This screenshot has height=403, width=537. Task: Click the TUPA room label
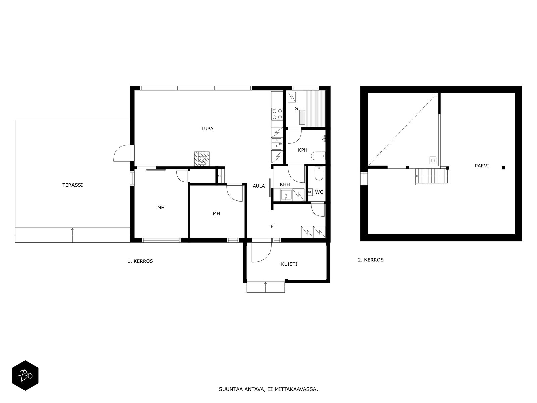point(207,129)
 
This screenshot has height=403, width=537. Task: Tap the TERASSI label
point(72,185)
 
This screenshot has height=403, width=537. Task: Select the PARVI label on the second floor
point(482,166)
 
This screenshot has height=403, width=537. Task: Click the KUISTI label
point(289,264)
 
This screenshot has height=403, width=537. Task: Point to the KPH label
point(302,150)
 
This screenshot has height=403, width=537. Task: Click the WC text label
point(319,192)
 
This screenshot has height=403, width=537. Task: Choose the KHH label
point(285,184)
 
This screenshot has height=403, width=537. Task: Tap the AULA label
point(258,186)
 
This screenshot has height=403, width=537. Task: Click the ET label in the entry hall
point(273,227)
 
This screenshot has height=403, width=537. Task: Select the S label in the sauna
point(296,108)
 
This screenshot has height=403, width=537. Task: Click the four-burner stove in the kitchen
point(277,114)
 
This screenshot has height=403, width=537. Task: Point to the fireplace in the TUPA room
point(202,159)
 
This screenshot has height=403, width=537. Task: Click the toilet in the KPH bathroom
point(318,155)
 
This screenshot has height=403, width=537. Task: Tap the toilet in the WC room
point(319,173)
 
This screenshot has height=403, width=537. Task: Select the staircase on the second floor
point(432,176)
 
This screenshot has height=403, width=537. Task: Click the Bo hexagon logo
point(25,375)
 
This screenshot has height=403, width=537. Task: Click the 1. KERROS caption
point(140,261)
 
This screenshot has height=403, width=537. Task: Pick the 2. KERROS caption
point(371,260)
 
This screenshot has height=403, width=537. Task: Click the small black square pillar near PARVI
point(503,168)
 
